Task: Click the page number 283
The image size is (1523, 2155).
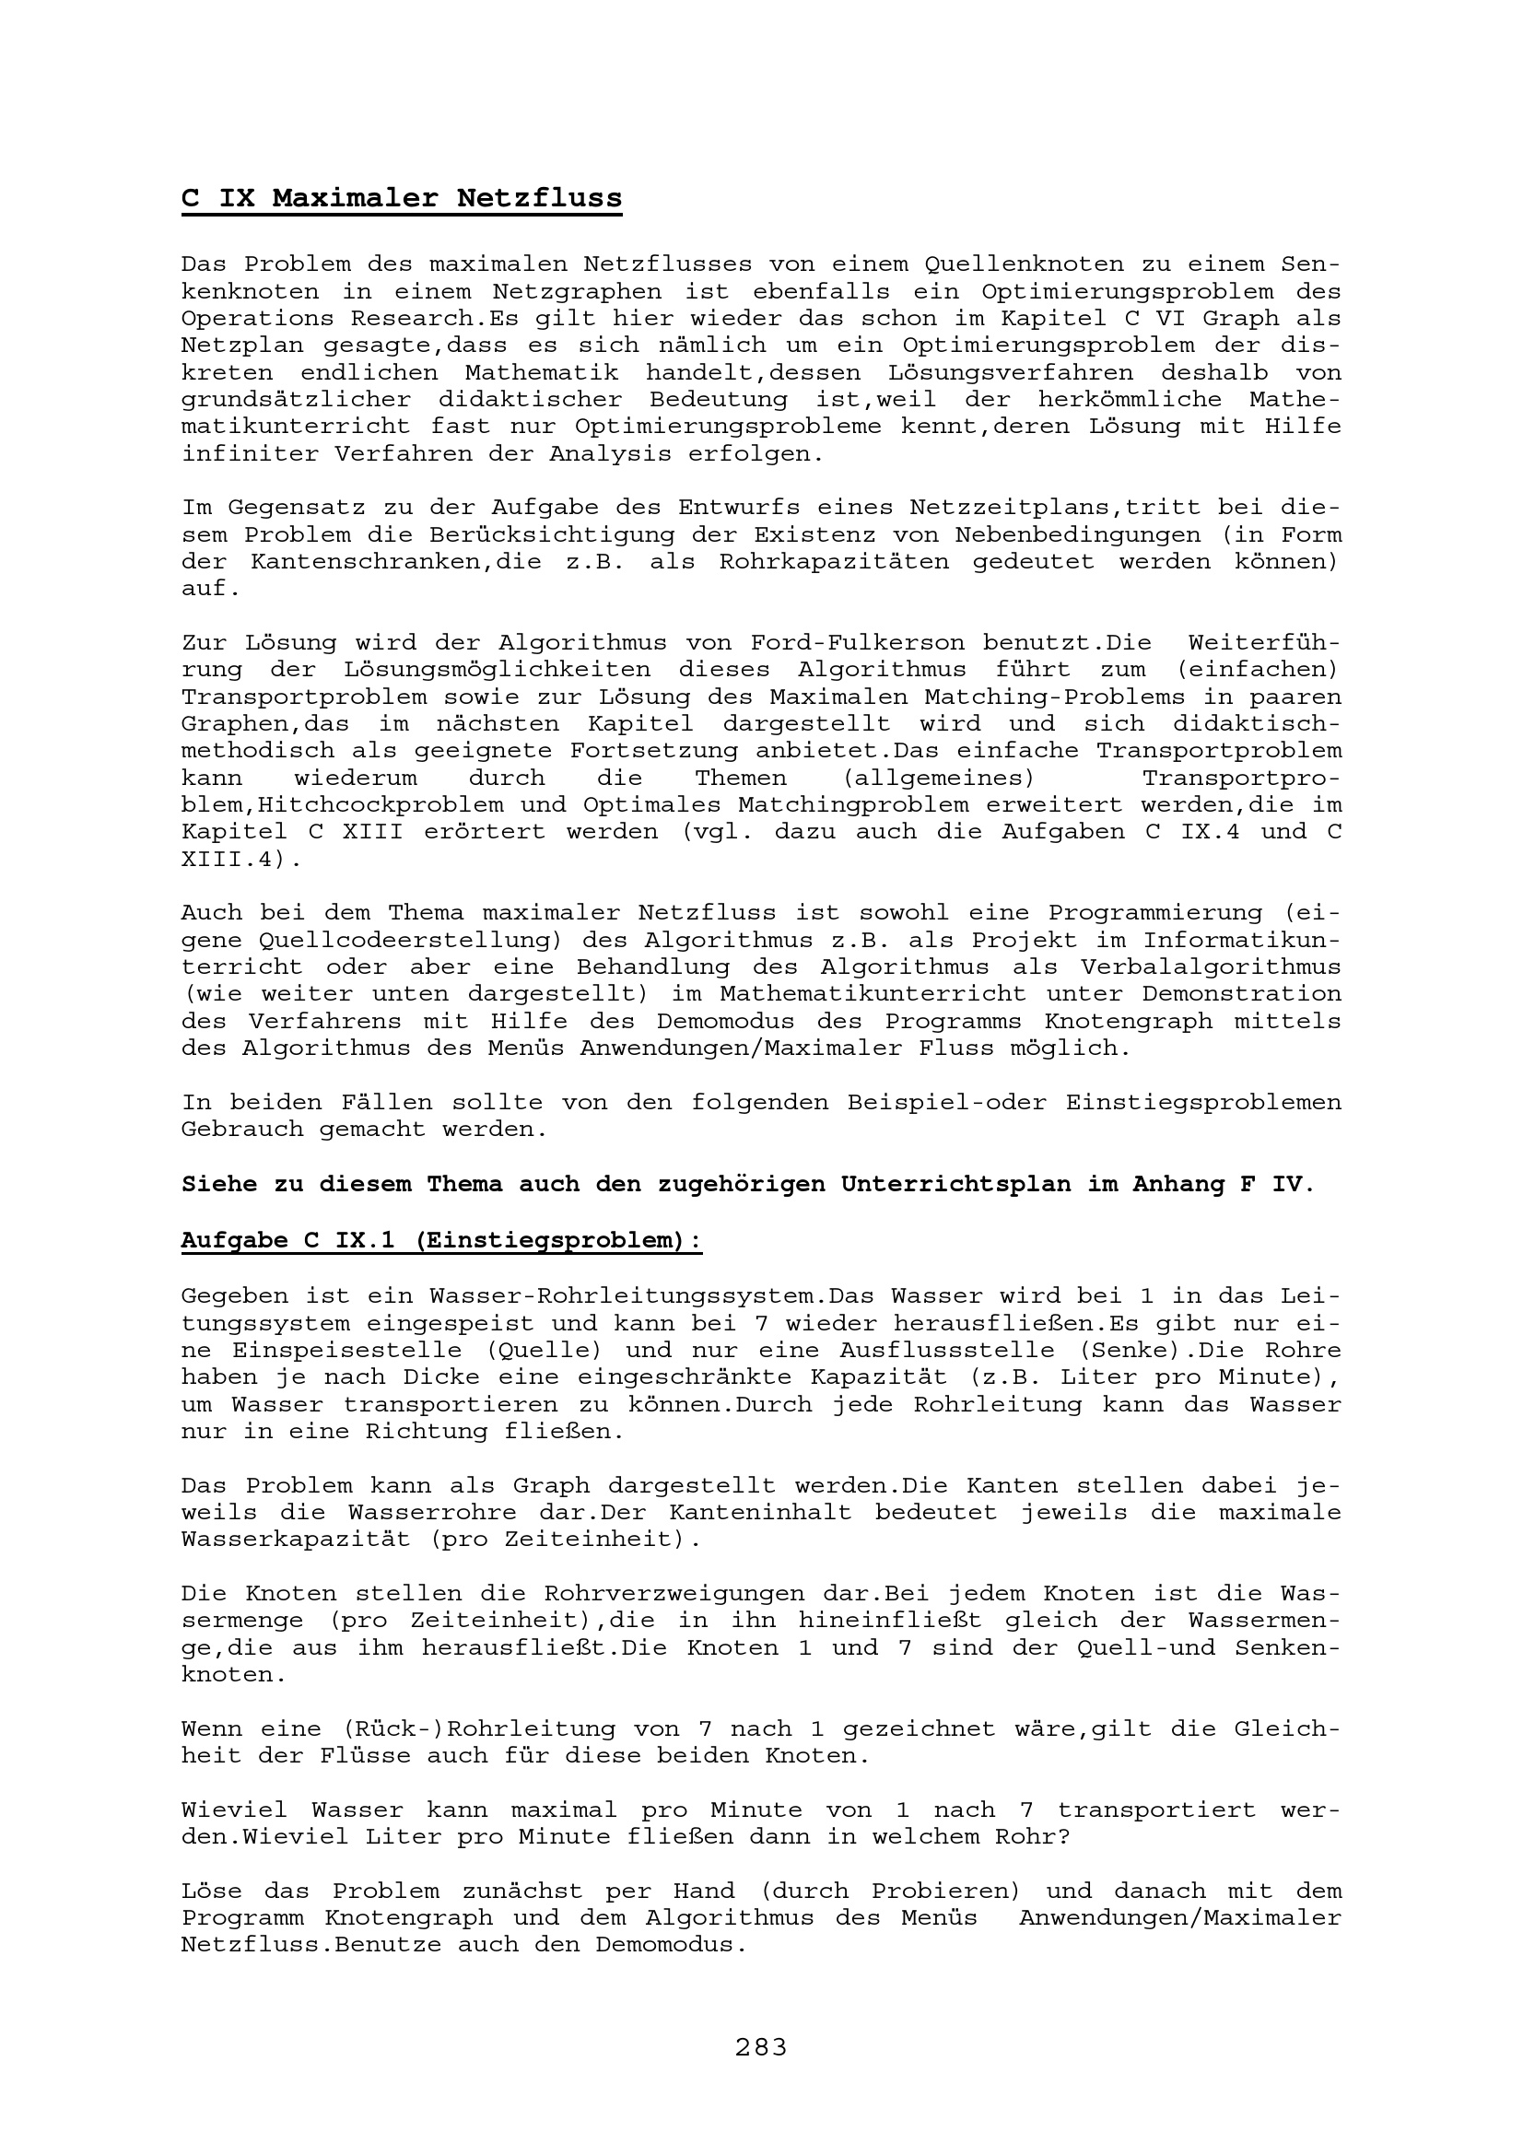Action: click(x=761, y=2047)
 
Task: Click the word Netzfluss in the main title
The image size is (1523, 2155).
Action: click(x=540, y=199)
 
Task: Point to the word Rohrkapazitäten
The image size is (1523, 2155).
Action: click(x=834, y=562)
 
